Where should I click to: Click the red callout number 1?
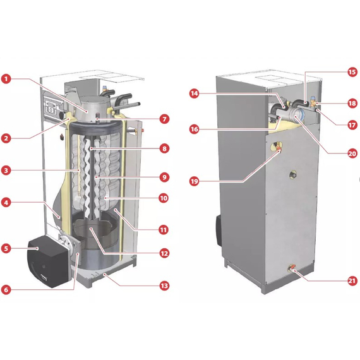6,79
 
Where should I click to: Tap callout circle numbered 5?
6,248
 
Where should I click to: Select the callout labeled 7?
164,119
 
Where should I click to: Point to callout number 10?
164,198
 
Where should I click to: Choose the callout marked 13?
164,285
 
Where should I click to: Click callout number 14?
195,93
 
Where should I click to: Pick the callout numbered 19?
195,181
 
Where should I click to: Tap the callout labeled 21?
352,281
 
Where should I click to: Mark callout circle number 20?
352,153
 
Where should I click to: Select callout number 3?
6,171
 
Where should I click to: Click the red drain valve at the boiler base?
291,268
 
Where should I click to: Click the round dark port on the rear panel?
292,175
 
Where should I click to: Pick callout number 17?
352,125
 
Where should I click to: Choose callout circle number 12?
164,253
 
